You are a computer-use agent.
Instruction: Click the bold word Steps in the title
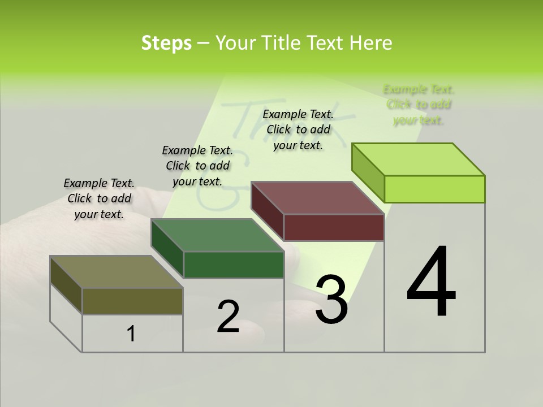click(x=166, y=43)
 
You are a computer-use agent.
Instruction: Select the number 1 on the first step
click(x=131, y=334)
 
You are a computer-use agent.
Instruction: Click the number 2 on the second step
click(x=228, y=317)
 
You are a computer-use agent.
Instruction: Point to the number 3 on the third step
click(x=331, y=300)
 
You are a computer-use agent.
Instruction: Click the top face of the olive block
click(x=117, y=272)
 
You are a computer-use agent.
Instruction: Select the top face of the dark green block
click(x=217, y=235)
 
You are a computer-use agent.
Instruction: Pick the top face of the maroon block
click(x=318, y=198)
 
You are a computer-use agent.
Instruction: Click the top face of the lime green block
click(x=419, y=159)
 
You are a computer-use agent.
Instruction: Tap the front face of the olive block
click(x=132, y=301)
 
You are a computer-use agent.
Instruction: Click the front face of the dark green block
click(x=234, y=265)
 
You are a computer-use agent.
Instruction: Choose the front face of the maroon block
click(x=334, y=227)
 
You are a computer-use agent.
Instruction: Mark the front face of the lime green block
click(x=434, y=189)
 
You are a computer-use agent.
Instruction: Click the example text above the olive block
click(x=99, y=198)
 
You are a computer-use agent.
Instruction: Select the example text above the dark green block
click(x=197, y=166)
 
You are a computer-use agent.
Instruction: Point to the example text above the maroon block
click(x=298, y=129)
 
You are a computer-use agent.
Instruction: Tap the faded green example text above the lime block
click(x=419, y=105)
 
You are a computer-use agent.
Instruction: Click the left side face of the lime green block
click(x=368, y=171)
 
